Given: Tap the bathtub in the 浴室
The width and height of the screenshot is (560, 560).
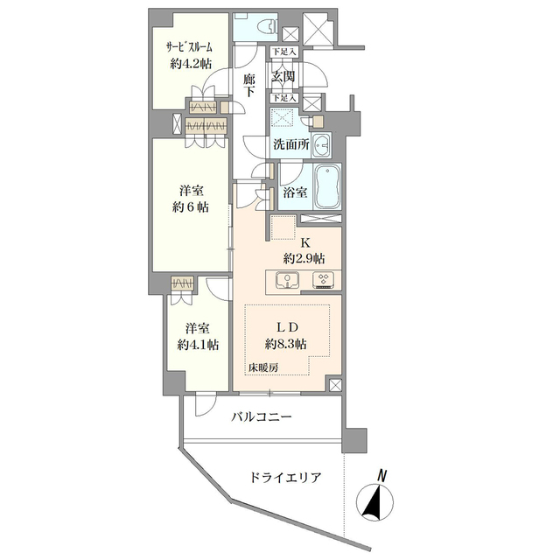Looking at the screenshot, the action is (327, 187).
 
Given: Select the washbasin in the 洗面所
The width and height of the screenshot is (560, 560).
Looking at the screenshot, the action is (321, 145).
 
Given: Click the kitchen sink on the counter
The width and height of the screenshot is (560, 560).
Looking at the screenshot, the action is (288, 279).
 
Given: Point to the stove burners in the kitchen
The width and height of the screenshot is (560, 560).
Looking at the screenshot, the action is (323, 279).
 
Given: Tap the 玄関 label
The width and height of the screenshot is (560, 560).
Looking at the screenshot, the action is (283, 76).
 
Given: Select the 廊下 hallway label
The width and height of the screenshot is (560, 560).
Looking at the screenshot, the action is (249, 86).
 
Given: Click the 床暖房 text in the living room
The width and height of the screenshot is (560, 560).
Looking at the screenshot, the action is (264, 367).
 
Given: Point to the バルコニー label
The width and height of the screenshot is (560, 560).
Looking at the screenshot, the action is (262, 416).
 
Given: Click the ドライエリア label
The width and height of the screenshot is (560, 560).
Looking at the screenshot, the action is (284, 478).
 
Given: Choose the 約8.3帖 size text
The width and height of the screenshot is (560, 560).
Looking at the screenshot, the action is (285, 344).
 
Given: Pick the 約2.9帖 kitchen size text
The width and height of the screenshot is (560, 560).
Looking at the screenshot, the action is (304, 258).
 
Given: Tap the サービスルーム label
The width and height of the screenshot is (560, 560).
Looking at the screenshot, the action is (189, 46).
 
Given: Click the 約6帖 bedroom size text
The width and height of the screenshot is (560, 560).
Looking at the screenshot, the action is (191, 206).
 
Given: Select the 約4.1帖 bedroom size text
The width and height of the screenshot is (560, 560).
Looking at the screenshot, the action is (199, 344).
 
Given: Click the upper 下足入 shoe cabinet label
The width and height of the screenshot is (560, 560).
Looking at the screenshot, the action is (283, 52).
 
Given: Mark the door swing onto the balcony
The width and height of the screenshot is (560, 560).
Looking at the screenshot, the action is (206, 404).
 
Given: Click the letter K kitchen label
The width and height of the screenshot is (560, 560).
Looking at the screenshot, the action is (305, 243).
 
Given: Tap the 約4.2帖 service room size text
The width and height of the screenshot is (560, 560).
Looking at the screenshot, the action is (191, 64).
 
